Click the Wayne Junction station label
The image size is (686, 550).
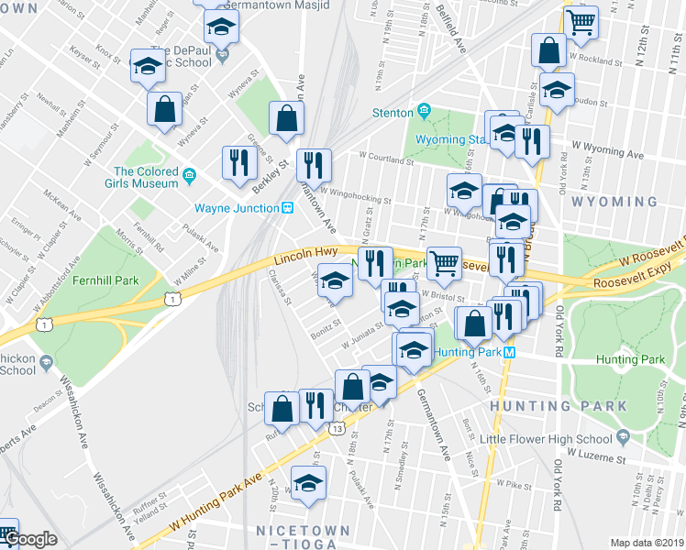236,208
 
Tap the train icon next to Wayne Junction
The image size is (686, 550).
287,208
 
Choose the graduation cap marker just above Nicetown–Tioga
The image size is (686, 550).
309,482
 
